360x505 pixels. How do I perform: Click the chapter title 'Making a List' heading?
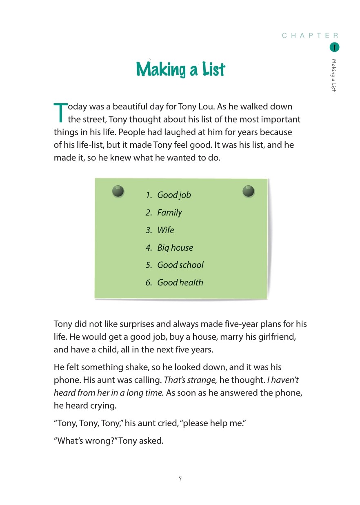(180, 69)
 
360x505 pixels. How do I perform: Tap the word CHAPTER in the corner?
(310, 36)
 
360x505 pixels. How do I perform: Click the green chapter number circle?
(334, 47)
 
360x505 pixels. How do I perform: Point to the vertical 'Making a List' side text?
(334, 75)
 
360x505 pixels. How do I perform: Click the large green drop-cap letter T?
(60, 112)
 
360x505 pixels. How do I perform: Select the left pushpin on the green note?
(118, 191)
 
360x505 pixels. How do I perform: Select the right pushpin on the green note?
(248, 191)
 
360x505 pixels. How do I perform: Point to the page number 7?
(180, 479)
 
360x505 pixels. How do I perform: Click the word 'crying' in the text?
(92, 406)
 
